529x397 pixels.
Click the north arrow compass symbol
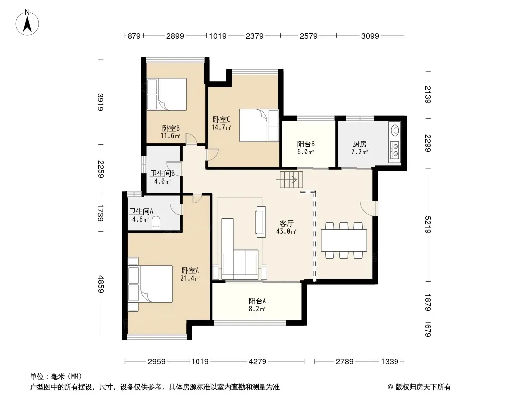[27, 23]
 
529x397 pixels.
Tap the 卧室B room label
[171, 128]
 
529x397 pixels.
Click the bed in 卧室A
[150, 284]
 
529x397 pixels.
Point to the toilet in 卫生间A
[156, 223]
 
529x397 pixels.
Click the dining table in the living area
[344, 240]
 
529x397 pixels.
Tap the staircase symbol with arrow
[289, 180]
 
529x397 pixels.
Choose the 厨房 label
[360, 144]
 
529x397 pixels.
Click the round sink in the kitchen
[395, 130]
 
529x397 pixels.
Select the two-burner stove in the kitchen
[395, 150]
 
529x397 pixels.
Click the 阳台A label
[257, 301]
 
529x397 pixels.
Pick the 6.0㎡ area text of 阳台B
[306, 152]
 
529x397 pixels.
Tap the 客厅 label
[286, 223]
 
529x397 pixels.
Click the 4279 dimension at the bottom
[258, 362]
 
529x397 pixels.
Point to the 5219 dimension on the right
[428, 225]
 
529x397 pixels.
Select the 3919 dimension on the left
[101, 102]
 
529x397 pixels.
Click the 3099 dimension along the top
[370, 36]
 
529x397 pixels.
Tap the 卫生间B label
[162, 173]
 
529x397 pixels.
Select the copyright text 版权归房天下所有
[423, 387]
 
